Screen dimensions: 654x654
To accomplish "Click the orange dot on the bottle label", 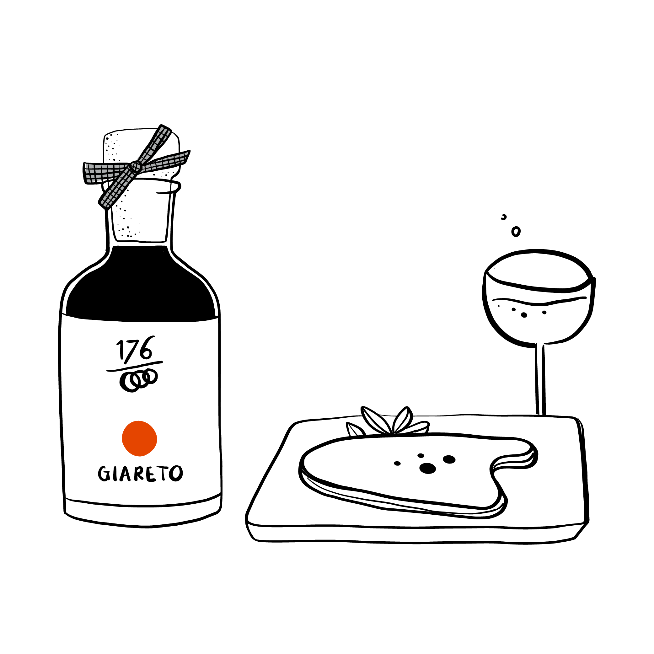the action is [139, 438].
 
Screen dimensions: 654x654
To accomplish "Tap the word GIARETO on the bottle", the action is [141, 474].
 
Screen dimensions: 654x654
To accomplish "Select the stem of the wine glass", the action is [541, 379].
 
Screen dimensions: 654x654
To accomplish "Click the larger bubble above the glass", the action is [516, 232].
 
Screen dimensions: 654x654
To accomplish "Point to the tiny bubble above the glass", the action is [504, 217].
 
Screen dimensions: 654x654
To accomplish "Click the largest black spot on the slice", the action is [428, 469].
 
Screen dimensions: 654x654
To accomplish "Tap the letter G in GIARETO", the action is [104, 474].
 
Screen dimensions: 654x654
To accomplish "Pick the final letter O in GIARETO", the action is [176, 473].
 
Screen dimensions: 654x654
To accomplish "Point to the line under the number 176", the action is [135, 366].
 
